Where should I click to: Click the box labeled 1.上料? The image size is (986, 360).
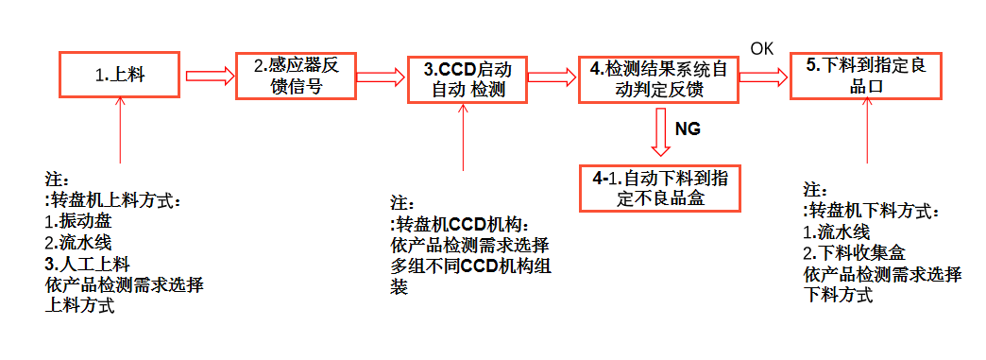click(119, 74)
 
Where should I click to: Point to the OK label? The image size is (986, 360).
click(761, 48)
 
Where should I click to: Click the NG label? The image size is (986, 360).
click(688, 129)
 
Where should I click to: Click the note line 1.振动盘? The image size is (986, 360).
click(79, 222)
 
